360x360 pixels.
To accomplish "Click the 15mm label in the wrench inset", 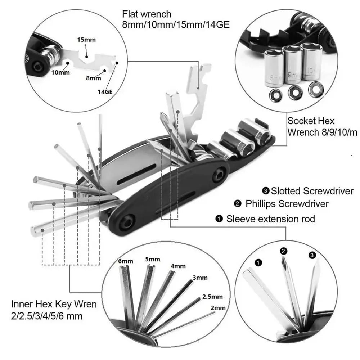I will pyautogui.click(x=86, y=40).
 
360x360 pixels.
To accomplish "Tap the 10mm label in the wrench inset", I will pyautogui.click(x=60, y=72).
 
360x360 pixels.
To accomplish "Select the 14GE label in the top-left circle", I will pyautogui.click(x=105, y=91).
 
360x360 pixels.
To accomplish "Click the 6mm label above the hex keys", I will pyautogui.click(x=126, y=261).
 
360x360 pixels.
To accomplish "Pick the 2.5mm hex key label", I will pyautogui.click(x=212, y=297).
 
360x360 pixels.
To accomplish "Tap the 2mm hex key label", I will pyautogui.click(x=218, y=308).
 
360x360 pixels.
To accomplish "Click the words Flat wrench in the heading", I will pyautogui.click(x=147, y=15).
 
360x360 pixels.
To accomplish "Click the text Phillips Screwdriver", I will pyautogui.click(x=287, y=204).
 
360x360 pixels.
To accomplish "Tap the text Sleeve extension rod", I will pyautogui.click(x=270, y=219).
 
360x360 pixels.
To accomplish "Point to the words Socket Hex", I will pyautogui.click(x=311, y=120).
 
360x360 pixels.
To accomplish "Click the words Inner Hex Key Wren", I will pyautogui.click(x=54, y=304).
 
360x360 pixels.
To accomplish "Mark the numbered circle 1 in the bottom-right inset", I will pyautogui.click(x=258, y=263).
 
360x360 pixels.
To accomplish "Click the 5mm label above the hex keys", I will pyautogui.click(x=153, y=259).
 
